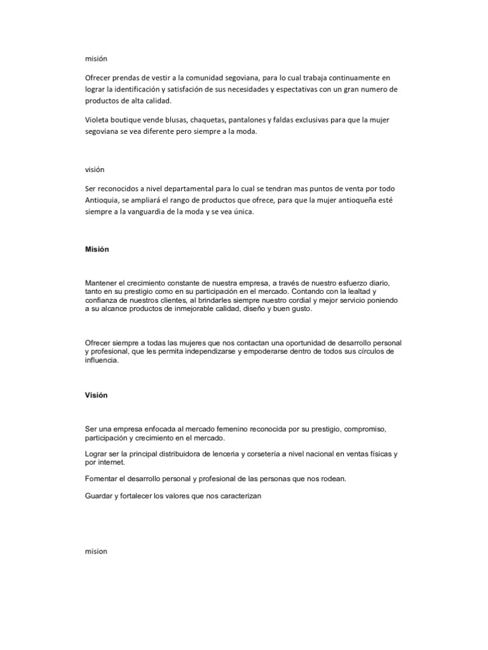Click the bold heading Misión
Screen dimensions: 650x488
(x=97, y=249)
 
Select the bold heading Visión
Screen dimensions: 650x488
(x=97, y=395)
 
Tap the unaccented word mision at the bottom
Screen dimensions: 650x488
(x=97, y=551)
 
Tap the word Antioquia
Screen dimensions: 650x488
(x=102, y=201)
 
